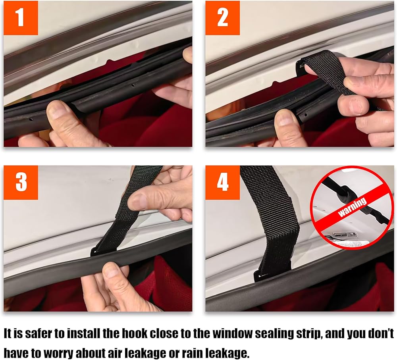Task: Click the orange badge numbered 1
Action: pos(21,18)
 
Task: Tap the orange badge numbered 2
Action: pos(222,18)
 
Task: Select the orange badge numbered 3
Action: pos(21,183)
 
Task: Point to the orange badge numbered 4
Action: pos(222,183)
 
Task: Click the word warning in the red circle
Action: pos(353,207)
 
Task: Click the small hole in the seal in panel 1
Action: pos(133,86)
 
